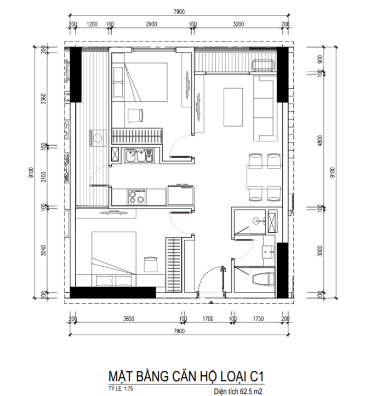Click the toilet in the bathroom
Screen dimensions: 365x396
click(263, 279)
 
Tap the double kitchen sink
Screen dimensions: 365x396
click(139, 156)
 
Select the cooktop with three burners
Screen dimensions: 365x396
click(136, 197)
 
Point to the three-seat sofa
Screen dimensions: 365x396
click(264, 108)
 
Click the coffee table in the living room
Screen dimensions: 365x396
click(233, 107)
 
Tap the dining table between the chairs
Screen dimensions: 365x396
click(264, 177)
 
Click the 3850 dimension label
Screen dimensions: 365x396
click(129, 319)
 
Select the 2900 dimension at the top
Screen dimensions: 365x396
click(151, 24)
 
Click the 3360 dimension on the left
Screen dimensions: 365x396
click(44, 99)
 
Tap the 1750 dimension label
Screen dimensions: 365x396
click(258, 319)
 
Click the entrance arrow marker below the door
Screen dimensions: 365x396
click(212, 302)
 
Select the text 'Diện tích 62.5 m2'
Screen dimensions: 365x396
click(238, 391)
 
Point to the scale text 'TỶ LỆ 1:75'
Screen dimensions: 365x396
click(121, 388)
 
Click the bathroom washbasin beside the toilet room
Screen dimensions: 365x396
click(268, 251)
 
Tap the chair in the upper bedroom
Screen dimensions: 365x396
click(135, 116)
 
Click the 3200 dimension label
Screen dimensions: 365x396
click(238, 24)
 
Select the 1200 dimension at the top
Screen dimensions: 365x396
click(92, 24)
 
